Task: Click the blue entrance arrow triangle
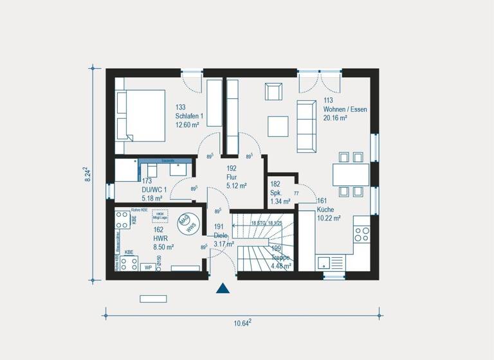[x=223, y=288]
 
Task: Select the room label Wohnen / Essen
[x=345, y=109]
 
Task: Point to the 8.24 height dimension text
[x=88, y=175]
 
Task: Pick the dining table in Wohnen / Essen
[x=351, y=174]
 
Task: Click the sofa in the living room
[x=306, y=126]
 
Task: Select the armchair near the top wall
[x=273, y=91]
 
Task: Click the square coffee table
[x=278, y=125]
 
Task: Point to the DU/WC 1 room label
[x=154, y=190]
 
